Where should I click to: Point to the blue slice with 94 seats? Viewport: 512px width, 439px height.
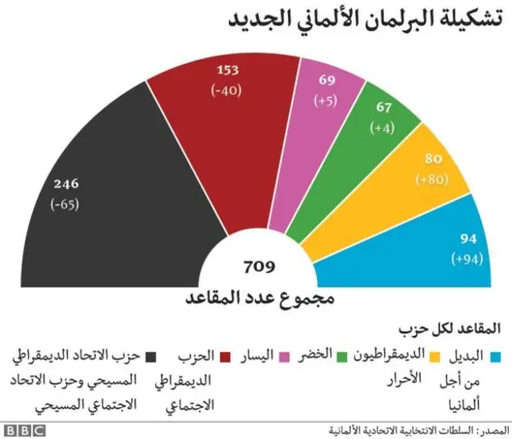click(x=448, y=248)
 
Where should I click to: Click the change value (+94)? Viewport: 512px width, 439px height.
click(x=470, y=258)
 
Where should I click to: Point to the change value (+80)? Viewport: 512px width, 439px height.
click(x=433, y=180)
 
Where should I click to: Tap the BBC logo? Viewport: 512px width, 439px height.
click(x=27, y=429)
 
